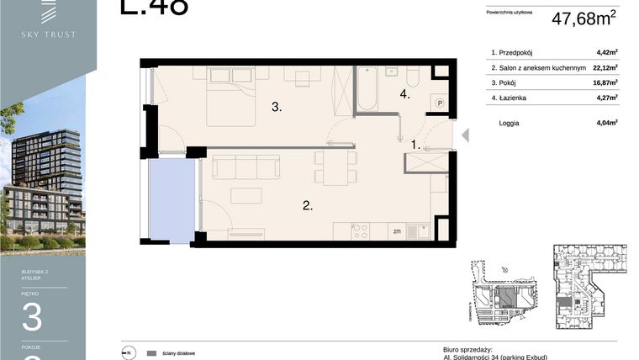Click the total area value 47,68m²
coord(584,19)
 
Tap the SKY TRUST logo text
coord(49,34)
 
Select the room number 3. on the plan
coord(276,107)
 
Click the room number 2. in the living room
coord(308,204)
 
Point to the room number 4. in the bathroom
coord(405,95)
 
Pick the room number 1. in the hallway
coord(415,145)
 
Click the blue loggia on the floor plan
coord(172,200)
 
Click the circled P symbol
coord(440,103)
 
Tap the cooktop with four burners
coord(362,230)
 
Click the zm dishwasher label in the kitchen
coord(397,231)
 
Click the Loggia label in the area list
coord(508,123)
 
